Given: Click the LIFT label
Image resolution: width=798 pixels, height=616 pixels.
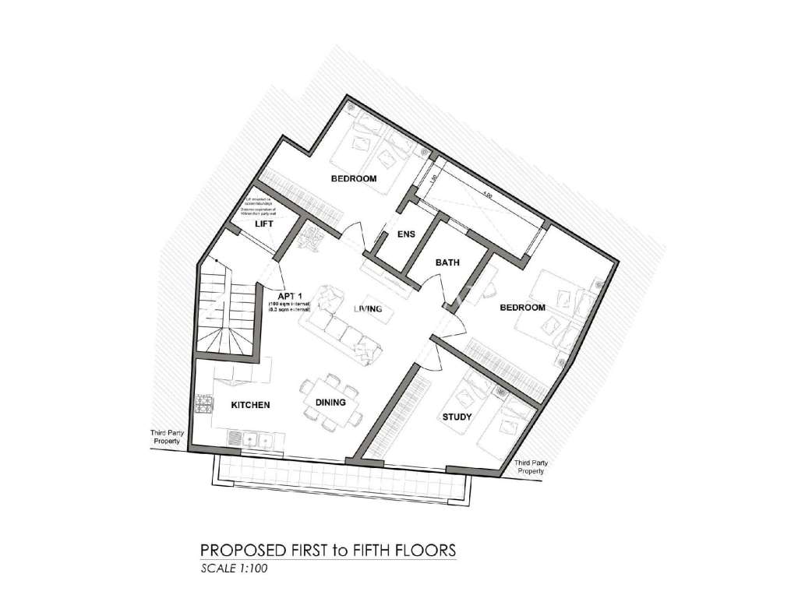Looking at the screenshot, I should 266,224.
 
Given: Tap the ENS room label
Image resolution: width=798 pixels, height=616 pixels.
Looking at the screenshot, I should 405,234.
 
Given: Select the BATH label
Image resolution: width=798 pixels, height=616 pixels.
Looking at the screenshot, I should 447,263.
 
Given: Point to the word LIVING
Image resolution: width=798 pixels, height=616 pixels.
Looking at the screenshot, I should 367,309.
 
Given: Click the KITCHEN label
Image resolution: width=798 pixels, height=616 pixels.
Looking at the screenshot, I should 250,405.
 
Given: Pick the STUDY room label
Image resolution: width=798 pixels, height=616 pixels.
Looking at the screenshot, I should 457,417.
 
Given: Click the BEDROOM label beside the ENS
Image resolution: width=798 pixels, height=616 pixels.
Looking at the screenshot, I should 353,179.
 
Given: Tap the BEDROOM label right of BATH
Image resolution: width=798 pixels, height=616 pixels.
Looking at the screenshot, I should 522,308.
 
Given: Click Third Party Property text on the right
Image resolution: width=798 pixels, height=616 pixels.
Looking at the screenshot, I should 531,466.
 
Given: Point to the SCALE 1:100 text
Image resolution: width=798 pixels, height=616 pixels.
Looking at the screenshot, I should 235,568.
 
